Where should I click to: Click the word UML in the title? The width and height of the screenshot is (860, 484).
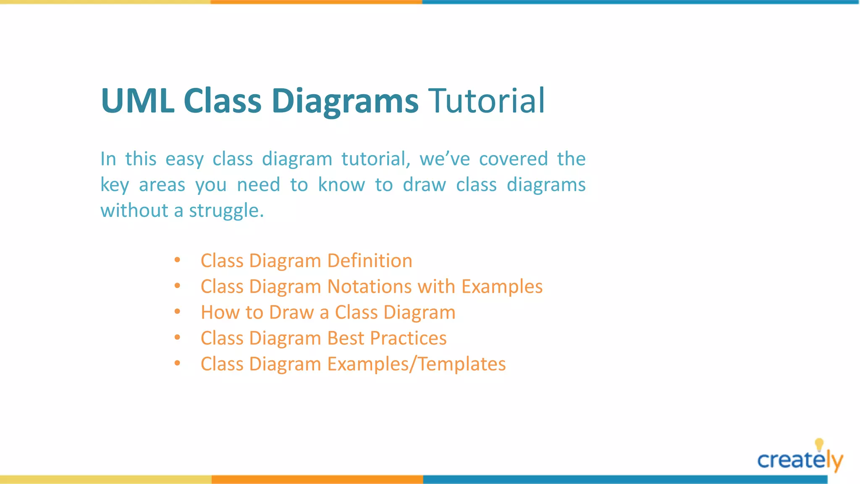click(138, 101)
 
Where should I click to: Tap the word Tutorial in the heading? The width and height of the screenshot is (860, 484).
click(486, 101)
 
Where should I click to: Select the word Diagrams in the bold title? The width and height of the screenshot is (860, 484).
click(345, 101)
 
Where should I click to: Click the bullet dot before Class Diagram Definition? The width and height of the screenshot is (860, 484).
click(177, 260)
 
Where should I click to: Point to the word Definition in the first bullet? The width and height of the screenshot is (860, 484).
click(370, 261)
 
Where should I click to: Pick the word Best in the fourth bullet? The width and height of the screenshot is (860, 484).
click(346, 338)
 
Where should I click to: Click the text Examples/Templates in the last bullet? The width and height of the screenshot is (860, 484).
click(416, 364)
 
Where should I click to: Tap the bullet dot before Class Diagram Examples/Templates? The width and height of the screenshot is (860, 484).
click(177, 363)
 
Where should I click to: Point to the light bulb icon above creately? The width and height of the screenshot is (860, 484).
click(819, 445)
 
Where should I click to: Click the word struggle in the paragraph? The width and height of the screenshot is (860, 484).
click(225, 211)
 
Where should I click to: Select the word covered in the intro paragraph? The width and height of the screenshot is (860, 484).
click(513, 159)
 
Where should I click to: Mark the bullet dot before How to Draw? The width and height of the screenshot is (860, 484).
click(177, 312)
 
